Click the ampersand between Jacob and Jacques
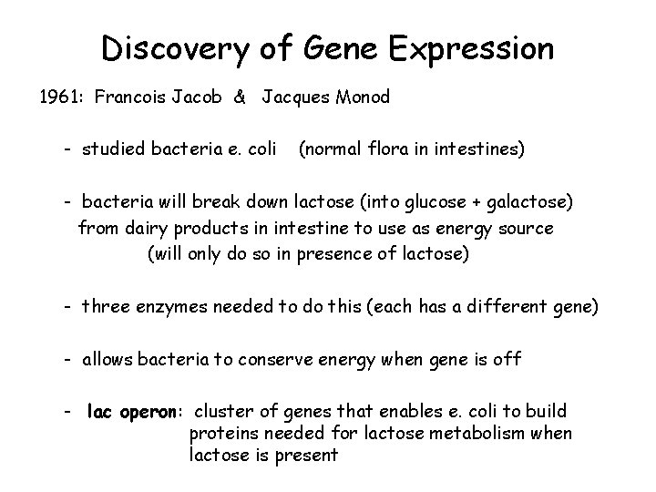point(239,97)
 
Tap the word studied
point(117,148)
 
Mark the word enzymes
point(179,307)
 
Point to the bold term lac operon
point(138,411)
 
